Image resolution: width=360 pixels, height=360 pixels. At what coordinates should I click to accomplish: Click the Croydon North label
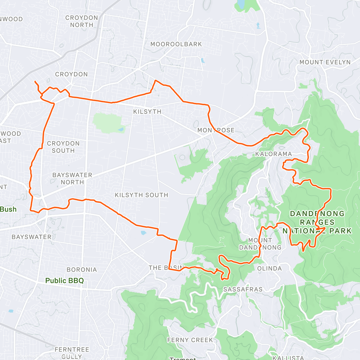[x=82, y=21]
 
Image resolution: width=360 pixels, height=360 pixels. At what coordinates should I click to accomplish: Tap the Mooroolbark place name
[x=176, y=44]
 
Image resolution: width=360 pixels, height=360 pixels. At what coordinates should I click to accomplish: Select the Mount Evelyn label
[x=325, y=62]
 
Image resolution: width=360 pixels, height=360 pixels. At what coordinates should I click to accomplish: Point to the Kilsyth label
[x=147, y=112]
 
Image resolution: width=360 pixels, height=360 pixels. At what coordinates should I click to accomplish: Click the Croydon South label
[x=63, y=147]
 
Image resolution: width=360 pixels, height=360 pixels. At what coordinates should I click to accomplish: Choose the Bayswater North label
[x=72, y=178]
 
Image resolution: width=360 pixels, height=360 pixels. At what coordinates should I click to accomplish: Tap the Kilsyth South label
[x=141, y=195]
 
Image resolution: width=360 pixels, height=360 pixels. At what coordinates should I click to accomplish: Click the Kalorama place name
[x=273, y=154]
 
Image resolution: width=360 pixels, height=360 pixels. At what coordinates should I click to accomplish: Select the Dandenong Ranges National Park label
[x=317, y=222]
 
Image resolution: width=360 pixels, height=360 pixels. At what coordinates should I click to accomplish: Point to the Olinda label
[x=269, y=268]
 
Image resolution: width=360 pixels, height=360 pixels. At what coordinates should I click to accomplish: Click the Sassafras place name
[x=243, y=289]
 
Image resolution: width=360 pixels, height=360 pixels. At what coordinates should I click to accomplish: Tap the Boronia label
[x=82, y=269]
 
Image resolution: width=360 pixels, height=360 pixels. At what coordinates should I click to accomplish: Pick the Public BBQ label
[x=64, y=281]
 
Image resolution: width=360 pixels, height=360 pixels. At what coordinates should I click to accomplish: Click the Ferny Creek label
[x=190, y=340]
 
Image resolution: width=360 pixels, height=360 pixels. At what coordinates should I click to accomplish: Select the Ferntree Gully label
[x=72, y=353]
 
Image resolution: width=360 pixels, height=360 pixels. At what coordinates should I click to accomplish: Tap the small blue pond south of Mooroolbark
[x=203, y=61]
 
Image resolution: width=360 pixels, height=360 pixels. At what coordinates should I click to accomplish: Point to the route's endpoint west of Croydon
[x=35, y=82]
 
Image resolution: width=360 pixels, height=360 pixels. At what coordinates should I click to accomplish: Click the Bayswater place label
[x=31, y=237]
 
